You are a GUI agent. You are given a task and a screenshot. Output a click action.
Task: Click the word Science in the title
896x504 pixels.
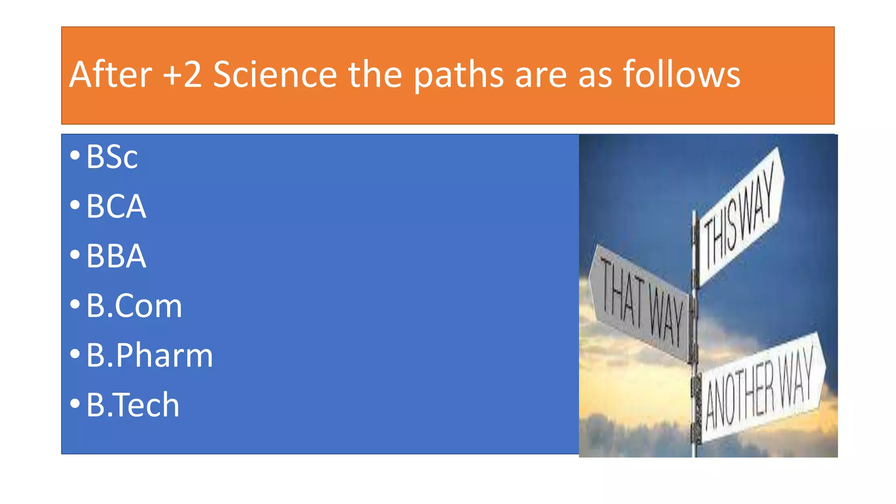point(275,74)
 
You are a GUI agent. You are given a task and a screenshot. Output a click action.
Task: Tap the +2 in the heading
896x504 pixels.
point(182,74)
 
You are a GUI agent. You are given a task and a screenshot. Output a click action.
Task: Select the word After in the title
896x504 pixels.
point(111,74)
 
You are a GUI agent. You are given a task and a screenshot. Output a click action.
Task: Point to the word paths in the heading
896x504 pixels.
point(458,75)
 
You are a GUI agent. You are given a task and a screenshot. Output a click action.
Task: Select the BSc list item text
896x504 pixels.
point(112,157)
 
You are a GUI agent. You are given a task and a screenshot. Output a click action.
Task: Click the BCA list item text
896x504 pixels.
point(116,206)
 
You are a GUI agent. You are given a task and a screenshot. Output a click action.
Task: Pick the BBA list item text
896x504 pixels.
point(116,256)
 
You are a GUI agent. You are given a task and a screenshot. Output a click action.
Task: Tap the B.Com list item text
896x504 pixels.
point(134,305)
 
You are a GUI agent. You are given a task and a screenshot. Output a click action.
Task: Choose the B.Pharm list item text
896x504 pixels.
point(149,355)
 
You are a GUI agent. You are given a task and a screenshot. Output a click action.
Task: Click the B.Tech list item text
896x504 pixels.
point(133,405)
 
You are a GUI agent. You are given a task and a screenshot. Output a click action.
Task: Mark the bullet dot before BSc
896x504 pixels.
point(75,155)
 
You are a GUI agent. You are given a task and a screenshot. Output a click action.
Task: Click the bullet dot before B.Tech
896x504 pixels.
point(75,403)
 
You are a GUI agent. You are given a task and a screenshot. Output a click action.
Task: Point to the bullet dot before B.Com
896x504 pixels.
point(75,304)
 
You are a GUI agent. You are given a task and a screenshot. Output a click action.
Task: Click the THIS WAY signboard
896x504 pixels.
point(740,217)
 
